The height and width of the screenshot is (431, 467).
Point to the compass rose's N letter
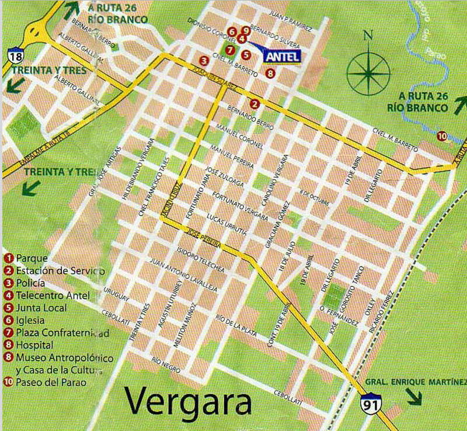(367, 34)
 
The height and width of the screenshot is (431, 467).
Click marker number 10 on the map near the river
(442, 136)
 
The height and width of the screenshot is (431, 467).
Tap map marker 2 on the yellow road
(255, 104)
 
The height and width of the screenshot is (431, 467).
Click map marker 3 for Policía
(204, 60)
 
